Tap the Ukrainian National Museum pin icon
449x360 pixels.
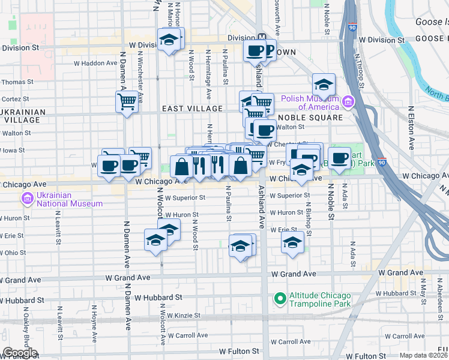click(x=26, y=199)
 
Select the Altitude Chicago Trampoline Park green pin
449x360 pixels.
click(x=279, y=298)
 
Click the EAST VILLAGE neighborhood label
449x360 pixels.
click(x=191, y=109)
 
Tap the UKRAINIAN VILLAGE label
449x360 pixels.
click(x=23, y=116)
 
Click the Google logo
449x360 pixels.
click(x=20, y=353)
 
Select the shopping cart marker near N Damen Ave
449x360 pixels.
click(x=127, y=102)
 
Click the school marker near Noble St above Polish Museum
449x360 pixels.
click(x=323, y=85)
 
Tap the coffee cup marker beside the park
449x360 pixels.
click(x=339, y=158)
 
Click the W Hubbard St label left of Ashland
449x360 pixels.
click(x=158, y=297)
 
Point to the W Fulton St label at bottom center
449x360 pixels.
click(x=238, y=351)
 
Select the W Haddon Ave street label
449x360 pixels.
click(x=95, y=62)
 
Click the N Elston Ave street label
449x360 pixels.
click(x=411, y=128)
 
